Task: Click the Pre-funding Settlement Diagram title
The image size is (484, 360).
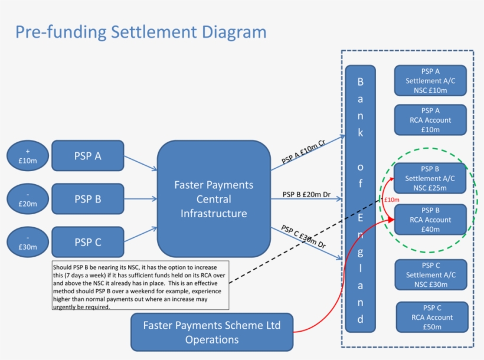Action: [x=140, y=31]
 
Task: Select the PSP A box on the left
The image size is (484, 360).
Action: [x=88, y=156]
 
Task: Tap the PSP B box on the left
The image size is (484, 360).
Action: [x=88, y=199]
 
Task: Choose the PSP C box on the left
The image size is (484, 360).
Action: [x=88, y=242]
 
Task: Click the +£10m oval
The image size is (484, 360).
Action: [x=28, y=156]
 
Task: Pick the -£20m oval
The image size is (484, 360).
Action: [x=28, y=199]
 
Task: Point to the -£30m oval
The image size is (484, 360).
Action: [x=28, y=242]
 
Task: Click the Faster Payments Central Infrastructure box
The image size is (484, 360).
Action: [x=214, y=199]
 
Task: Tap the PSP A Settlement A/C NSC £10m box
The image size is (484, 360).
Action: [x=430, y=80]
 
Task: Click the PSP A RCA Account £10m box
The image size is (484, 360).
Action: [x=430, y=120]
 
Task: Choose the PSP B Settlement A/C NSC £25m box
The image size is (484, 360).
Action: [x=430, y=178]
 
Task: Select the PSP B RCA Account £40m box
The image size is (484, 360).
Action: [x=430, y=220]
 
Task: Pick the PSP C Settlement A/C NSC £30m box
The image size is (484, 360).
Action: [x=430, y=275]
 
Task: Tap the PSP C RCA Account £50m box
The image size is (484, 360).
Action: [x=431, y=317]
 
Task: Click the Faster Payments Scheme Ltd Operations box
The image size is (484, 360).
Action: [x=212, y=332]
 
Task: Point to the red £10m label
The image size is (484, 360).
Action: [x=391, y=200]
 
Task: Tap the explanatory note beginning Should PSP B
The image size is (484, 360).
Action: [x=140, y=286]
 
